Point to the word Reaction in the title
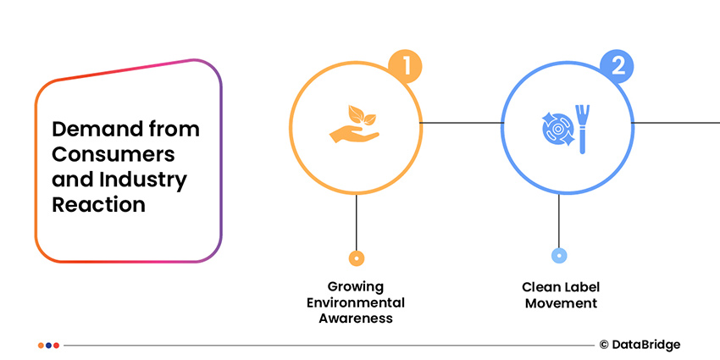pyautogui.click(x=98, y=205)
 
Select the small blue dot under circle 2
pyautogui.click(x=559, y=256)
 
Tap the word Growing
pyautogui.click(x=356, y=286)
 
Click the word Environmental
pyautogui.click(x=356, y=302)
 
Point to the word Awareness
pyautogui.click(x=356, y=318)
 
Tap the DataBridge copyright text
pyautogui.click(x=640, y=345)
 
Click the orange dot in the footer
pyautogui.click(x=42, y=345)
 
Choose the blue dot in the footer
pyautogui.click(x=56, y=345)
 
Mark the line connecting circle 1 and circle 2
pyautogui.click(x=462, y=123)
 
